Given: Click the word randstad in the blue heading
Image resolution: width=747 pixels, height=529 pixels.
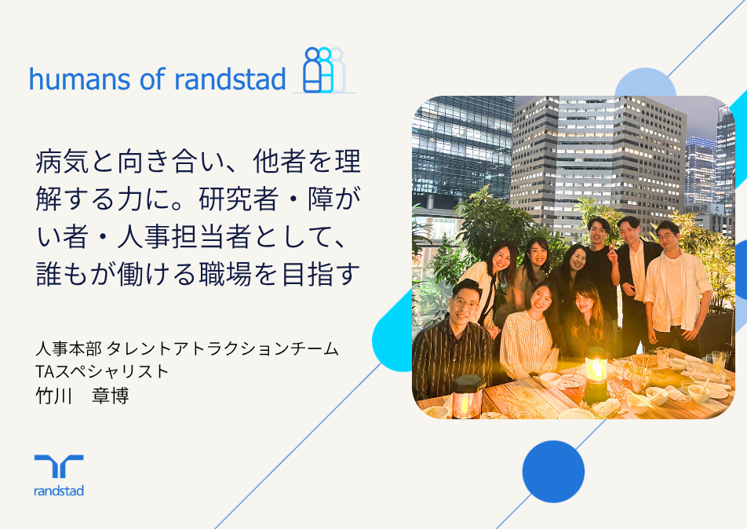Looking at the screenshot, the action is coord(230,79).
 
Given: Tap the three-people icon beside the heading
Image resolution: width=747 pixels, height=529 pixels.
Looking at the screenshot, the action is coord(324,70).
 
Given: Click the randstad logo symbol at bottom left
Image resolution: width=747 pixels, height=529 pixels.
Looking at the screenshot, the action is coord(59,466).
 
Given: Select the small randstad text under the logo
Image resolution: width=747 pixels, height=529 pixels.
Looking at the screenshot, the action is coord(59,491).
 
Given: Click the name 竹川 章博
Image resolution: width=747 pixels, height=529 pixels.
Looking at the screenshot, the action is coord(82,396).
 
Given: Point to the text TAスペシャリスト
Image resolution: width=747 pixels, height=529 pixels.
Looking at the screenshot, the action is coord(103,372).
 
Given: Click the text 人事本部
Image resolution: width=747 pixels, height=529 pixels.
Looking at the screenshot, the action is coord(68,348).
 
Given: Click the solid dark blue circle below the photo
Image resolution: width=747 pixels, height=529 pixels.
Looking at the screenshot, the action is coord(553,472).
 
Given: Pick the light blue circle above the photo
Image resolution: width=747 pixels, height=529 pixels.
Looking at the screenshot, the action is coord(645,83).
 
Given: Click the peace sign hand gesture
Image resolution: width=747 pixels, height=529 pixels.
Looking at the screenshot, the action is coord(612,254).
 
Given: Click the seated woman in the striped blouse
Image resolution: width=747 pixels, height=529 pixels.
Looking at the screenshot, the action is coord(528,333).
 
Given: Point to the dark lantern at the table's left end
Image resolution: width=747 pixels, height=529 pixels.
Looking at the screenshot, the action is coord(467,396).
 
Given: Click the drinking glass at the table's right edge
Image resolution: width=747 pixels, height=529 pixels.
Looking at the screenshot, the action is coord(719,362).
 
